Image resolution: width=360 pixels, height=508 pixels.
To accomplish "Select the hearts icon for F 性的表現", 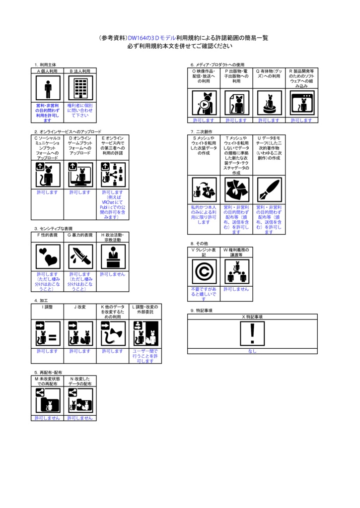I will tap(48, 256).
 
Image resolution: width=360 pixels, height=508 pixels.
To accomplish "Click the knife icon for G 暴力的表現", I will tap(80, 256).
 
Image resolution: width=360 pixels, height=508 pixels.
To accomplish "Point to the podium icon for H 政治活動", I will tap(113, 256).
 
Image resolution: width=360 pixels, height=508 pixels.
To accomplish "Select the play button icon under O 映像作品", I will tap(204, 103).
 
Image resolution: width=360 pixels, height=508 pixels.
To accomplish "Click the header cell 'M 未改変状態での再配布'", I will tap(48, 381).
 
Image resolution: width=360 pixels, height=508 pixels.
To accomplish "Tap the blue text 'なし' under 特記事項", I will tap(252, 351).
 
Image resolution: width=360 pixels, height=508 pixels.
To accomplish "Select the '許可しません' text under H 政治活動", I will tap(113, 274).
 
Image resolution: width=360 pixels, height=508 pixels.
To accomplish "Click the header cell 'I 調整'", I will tap(48, 307).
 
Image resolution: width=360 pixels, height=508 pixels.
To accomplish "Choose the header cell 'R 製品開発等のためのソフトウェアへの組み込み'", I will tap(301, 78).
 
